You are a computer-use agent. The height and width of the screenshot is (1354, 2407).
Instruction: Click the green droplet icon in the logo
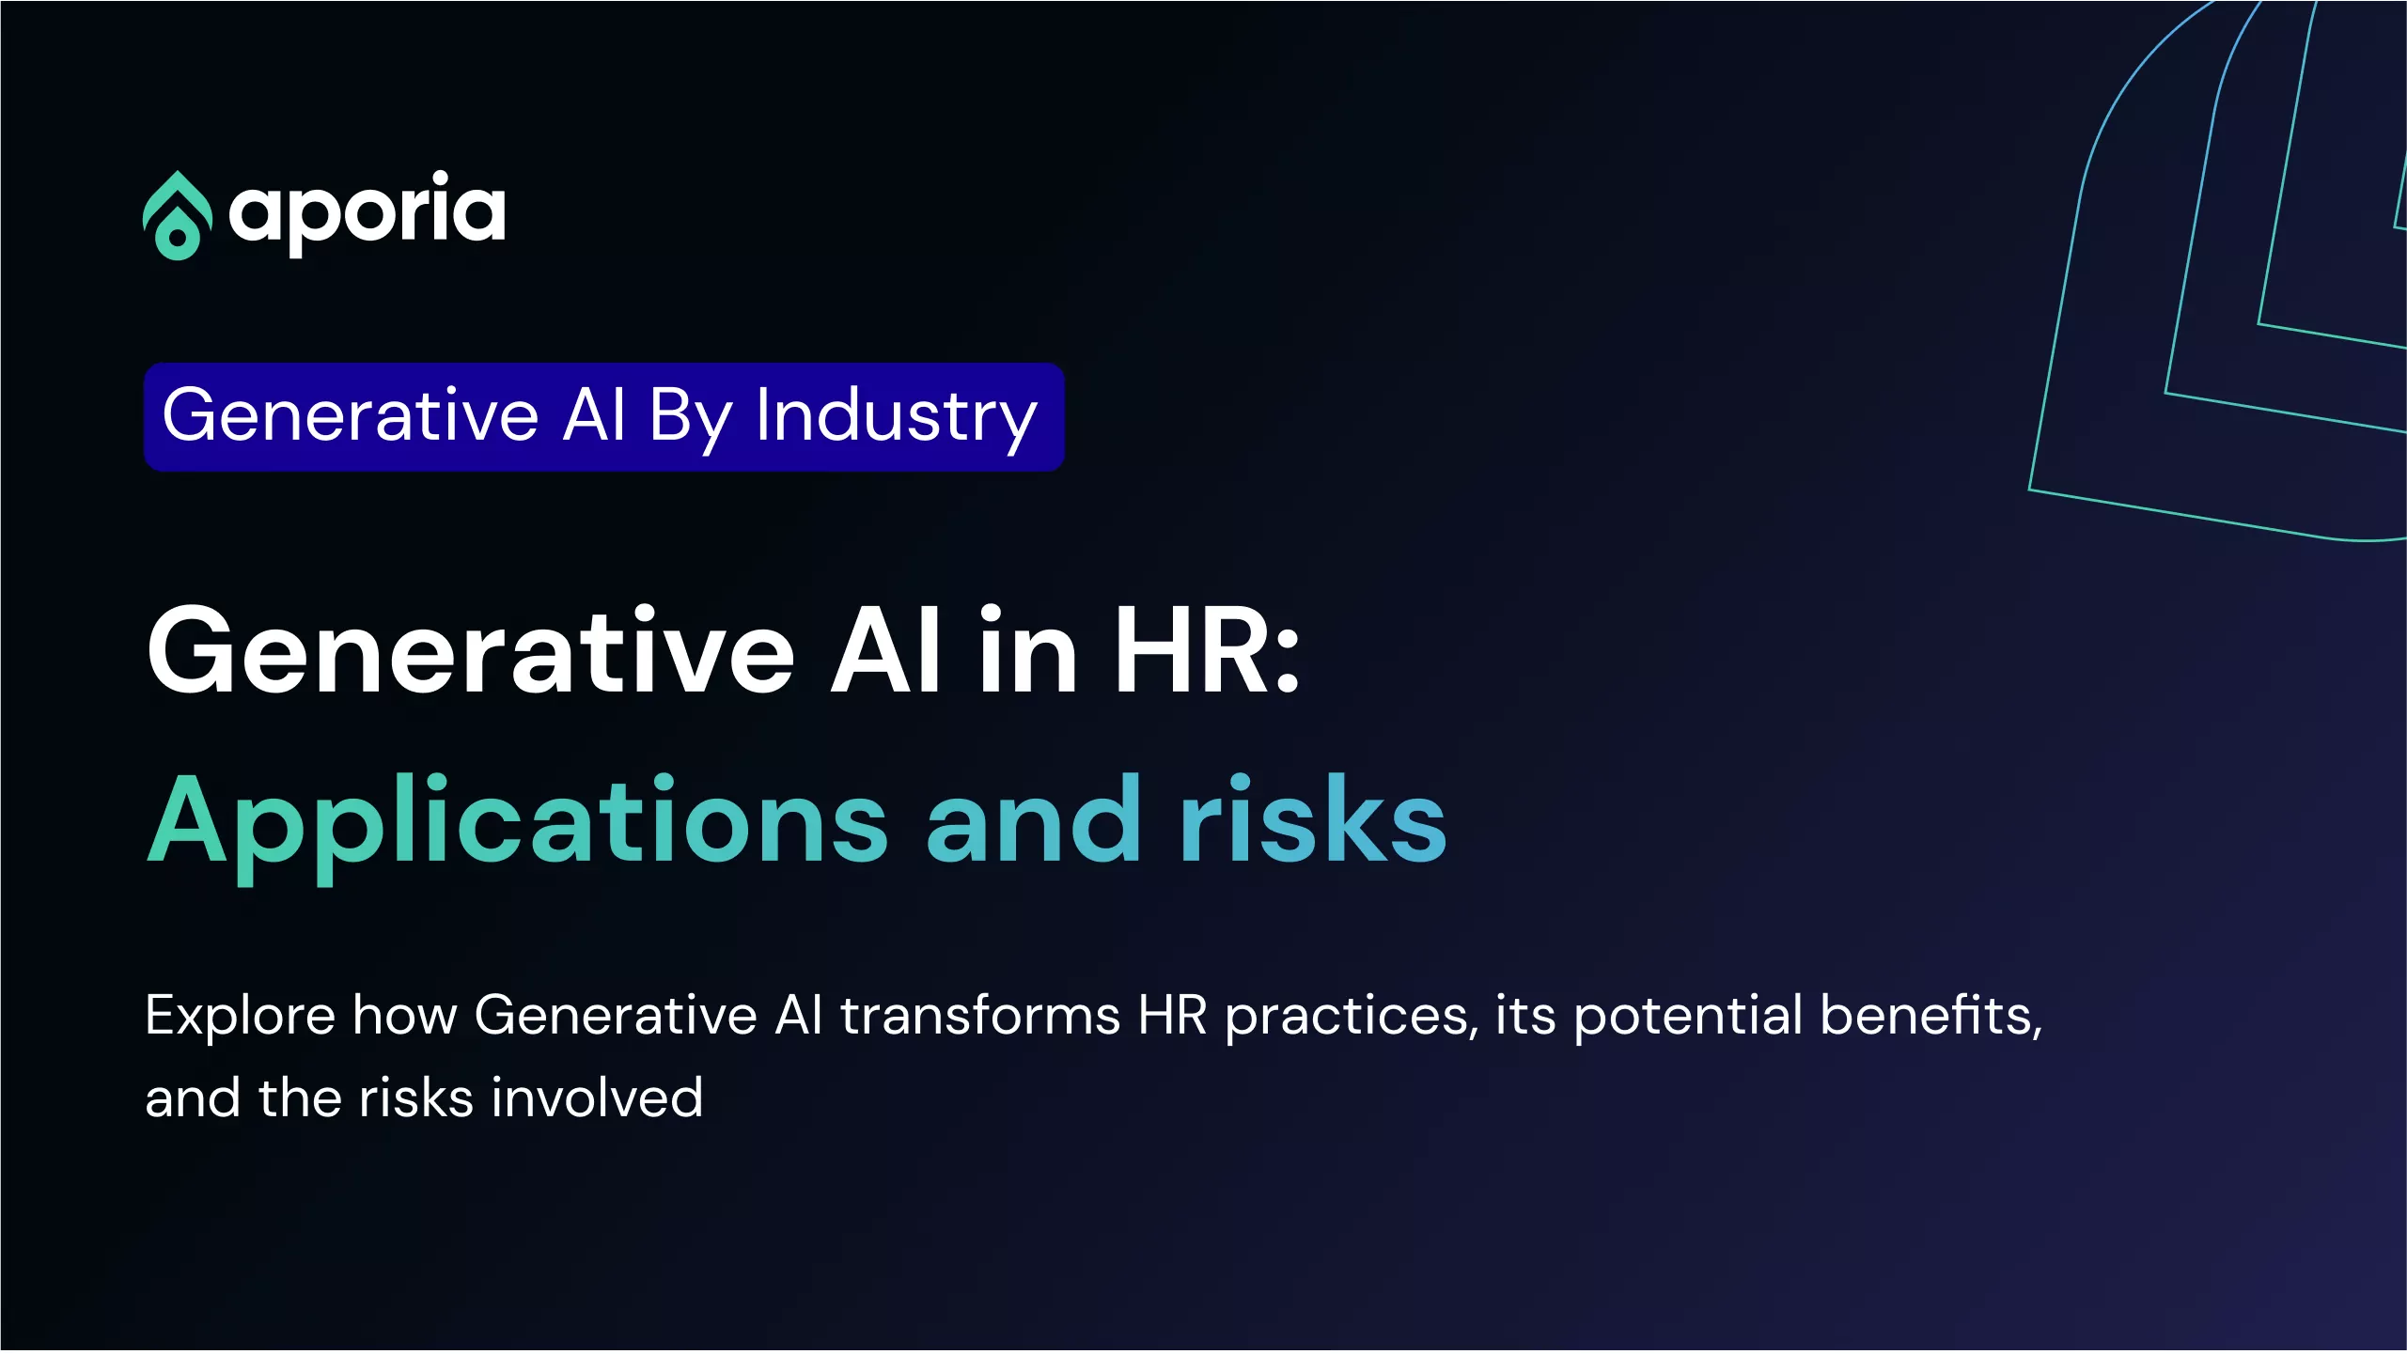[x=177, y=215]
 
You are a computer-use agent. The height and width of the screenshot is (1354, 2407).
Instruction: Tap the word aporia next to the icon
[x=367, y=213]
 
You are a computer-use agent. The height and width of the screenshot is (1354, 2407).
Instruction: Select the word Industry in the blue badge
[x=897, y=417]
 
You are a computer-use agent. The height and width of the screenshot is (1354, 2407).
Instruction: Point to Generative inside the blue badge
[x=351, y=415]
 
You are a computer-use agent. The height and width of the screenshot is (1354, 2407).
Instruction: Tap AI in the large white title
[x=884, y=650]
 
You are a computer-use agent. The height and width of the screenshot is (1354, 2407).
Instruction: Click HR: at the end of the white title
[x=1207, y=650]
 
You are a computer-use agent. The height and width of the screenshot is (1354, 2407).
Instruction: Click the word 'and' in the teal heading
[x=1033, y=818]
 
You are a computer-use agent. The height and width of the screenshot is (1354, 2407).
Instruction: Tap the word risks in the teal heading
[x=1313, y=818]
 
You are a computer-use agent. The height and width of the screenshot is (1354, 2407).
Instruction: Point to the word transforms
[x=980, y=1016]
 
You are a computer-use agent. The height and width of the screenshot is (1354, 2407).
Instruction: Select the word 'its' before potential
[x=1525, y=1016]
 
